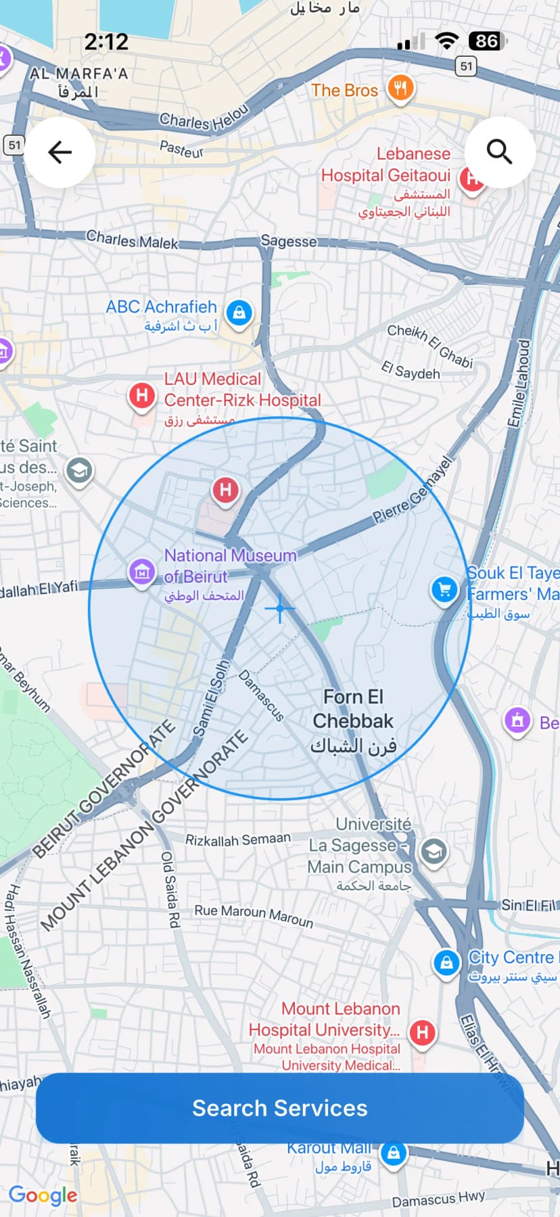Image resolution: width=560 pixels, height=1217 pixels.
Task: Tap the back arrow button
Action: click(60, 152)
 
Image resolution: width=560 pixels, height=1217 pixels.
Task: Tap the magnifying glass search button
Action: click(499, 152)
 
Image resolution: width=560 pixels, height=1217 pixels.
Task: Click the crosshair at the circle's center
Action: click(279, 608)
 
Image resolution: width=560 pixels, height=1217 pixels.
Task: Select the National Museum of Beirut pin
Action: click(141, 572)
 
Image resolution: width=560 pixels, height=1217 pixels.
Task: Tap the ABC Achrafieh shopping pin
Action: click(239, 313)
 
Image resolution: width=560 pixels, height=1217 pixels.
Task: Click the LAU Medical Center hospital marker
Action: click(142, 394)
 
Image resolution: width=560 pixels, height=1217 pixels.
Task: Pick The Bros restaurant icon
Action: click(400, 88)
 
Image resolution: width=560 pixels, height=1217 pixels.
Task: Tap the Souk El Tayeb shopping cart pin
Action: click(444, 590)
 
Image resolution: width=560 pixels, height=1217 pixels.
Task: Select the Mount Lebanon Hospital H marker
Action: click(423, 1032)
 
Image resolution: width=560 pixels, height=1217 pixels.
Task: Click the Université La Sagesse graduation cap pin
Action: click(434, 852)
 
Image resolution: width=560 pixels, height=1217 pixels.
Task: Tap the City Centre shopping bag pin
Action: click(446, 961)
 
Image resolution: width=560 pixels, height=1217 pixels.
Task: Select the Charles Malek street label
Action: click(132, 240)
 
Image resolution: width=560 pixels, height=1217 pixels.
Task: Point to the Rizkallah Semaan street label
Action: click(238, 840)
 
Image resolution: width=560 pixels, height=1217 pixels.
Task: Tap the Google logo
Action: click(43, 1195)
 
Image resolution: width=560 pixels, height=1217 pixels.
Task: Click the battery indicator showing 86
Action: click(487, 42)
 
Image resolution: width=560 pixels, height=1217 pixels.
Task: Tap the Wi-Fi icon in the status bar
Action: click(446, 41)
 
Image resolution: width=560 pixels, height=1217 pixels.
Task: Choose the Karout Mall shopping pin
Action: click(394, 1153)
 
